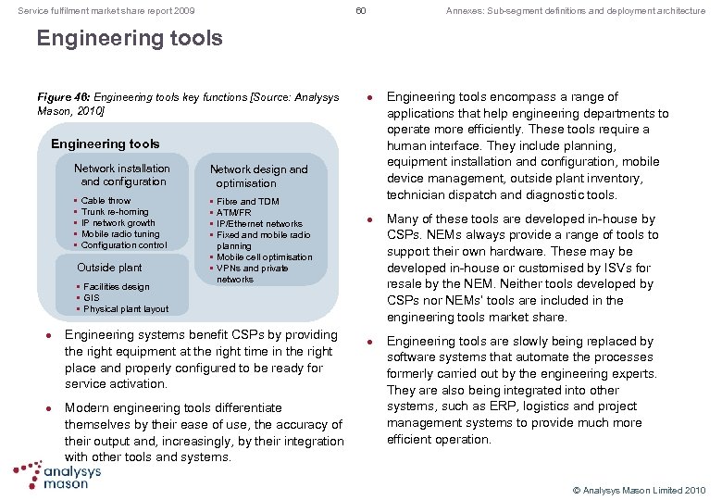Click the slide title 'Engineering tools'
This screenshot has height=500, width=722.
[x=130, y=39]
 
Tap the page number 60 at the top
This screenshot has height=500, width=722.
[x=361, y=10]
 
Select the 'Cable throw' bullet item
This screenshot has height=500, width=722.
[x=106, y=201]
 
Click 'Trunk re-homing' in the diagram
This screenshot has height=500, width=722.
[x=114, y=212]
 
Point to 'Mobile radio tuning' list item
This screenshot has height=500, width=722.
[x=120, y=234]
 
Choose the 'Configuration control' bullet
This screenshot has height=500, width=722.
[x=124, y=245]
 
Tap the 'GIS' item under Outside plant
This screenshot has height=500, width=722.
[x=91, y=298]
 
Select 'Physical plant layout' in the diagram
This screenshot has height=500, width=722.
[x=126, y=309]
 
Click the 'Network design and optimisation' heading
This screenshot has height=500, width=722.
[x=258, y=176]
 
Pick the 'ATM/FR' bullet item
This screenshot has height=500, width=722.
[x=235, y=212]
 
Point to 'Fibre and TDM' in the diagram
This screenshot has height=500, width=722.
[x=247, y=201]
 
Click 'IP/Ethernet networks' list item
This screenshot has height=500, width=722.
[x=259, y=223]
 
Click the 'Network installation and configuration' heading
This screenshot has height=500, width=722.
[x=122, y=175]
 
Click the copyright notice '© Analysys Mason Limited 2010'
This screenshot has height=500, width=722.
[x=639, y=488]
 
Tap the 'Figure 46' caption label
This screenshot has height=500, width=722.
[x=60, y=97]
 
